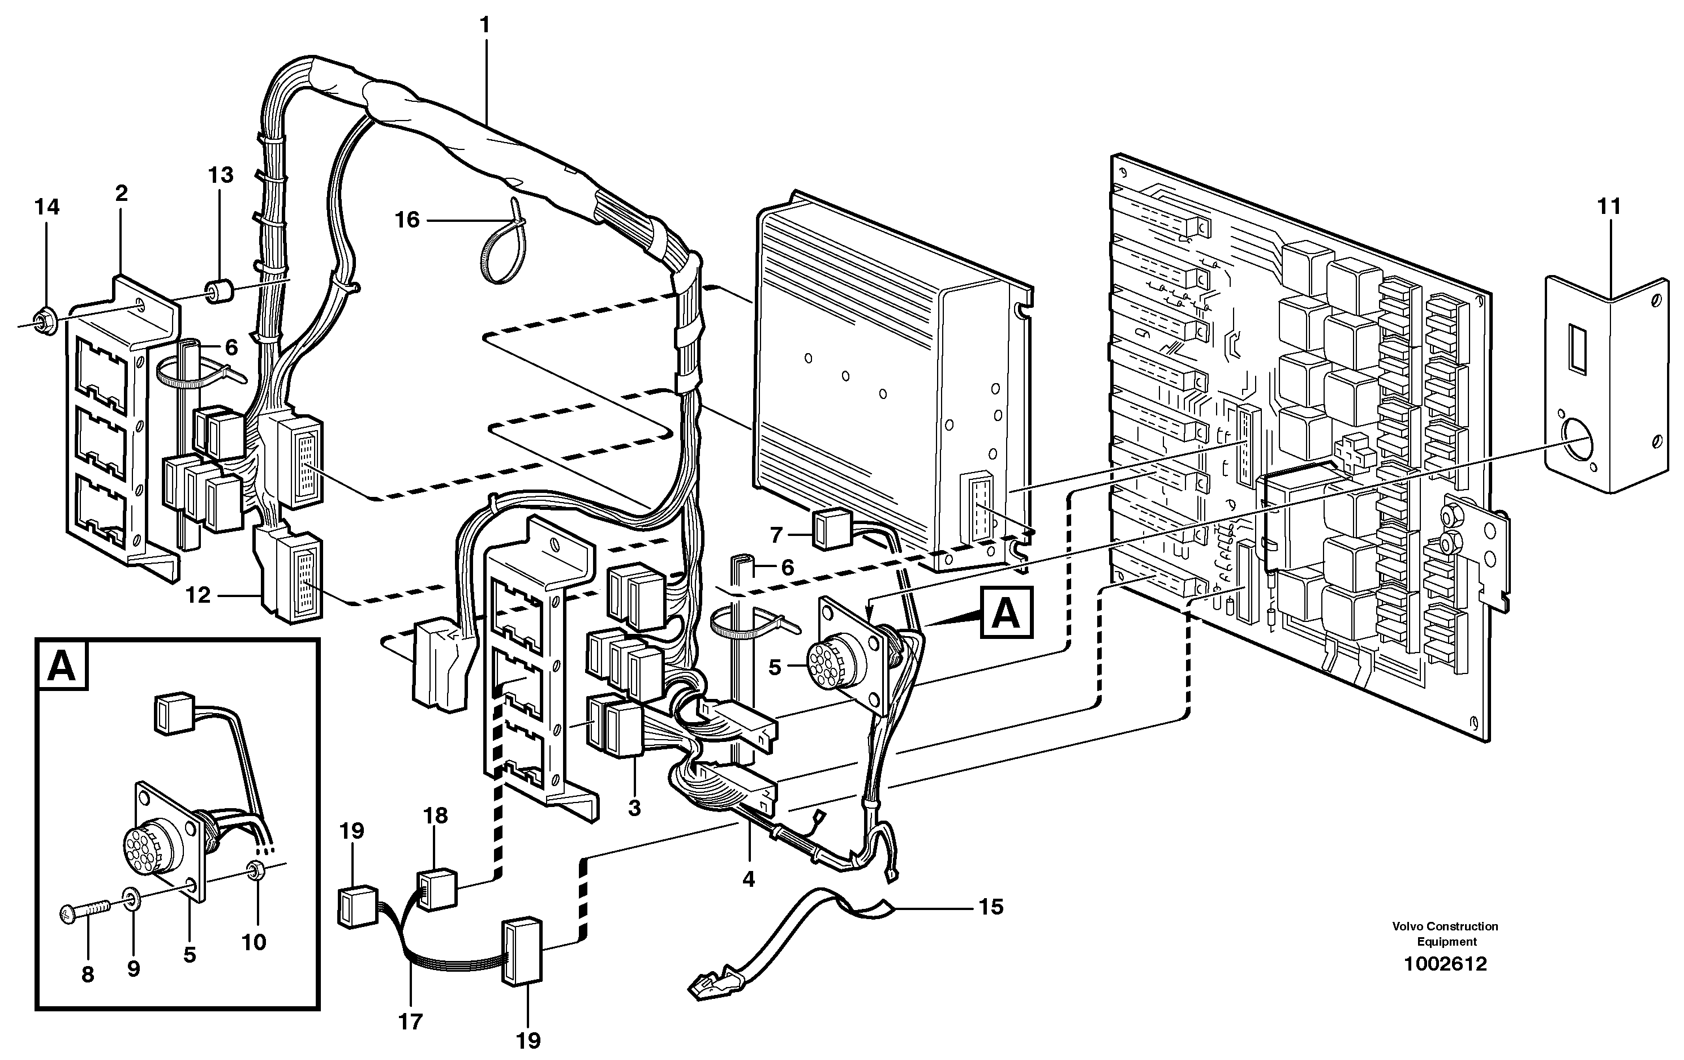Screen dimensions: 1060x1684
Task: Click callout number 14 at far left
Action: (x=48, y=207)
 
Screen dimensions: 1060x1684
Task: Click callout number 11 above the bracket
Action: (x=1609, y=207)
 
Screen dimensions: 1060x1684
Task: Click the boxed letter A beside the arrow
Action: (x=1006, y=613)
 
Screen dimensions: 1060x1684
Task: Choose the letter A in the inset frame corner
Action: (x=62, y=666)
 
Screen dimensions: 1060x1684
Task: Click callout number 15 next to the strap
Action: (x=991, y=907)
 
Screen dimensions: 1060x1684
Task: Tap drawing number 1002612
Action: (x=1446, y=964)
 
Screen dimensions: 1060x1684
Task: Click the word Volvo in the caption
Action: (x=1406, y=926)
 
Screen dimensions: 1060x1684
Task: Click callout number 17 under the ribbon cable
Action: (x=410, y=1022)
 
